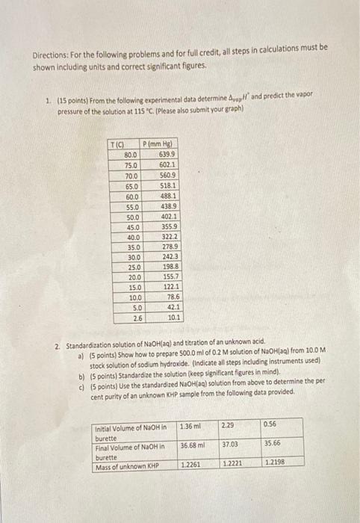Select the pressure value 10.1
173,317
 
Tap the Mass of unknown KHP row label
128,465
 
